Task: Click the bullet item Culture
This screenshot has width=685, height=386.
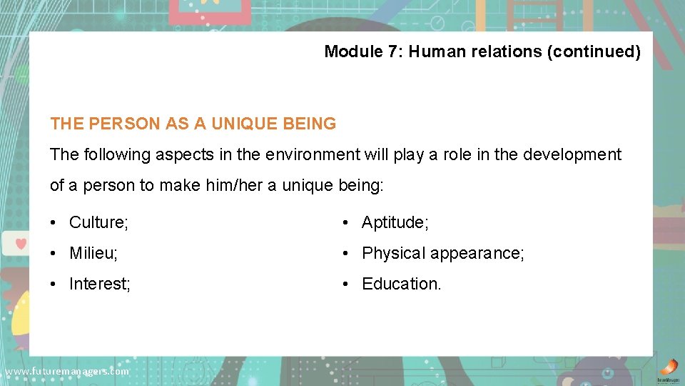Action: click(98, 222)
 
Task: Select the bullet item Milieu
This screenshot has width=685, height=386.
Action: click(94, 253)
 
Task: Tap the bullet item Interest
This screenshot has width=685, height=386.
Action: click(100, 284)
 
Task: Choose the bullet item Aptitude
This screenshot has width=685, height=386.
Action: click(395, 222)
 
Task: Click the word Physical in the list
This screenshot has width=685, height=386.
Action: click(393, 253)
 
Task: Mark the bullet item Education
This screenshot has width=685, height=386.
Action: click(402, 284)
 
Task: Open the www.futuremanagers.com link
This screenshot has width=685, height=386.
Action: click(66, 372)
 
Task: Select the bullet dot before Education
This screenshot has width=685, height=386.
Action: click(345, 284)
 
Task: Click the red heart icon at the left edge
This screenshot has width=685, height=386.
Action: click(21, 242)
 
